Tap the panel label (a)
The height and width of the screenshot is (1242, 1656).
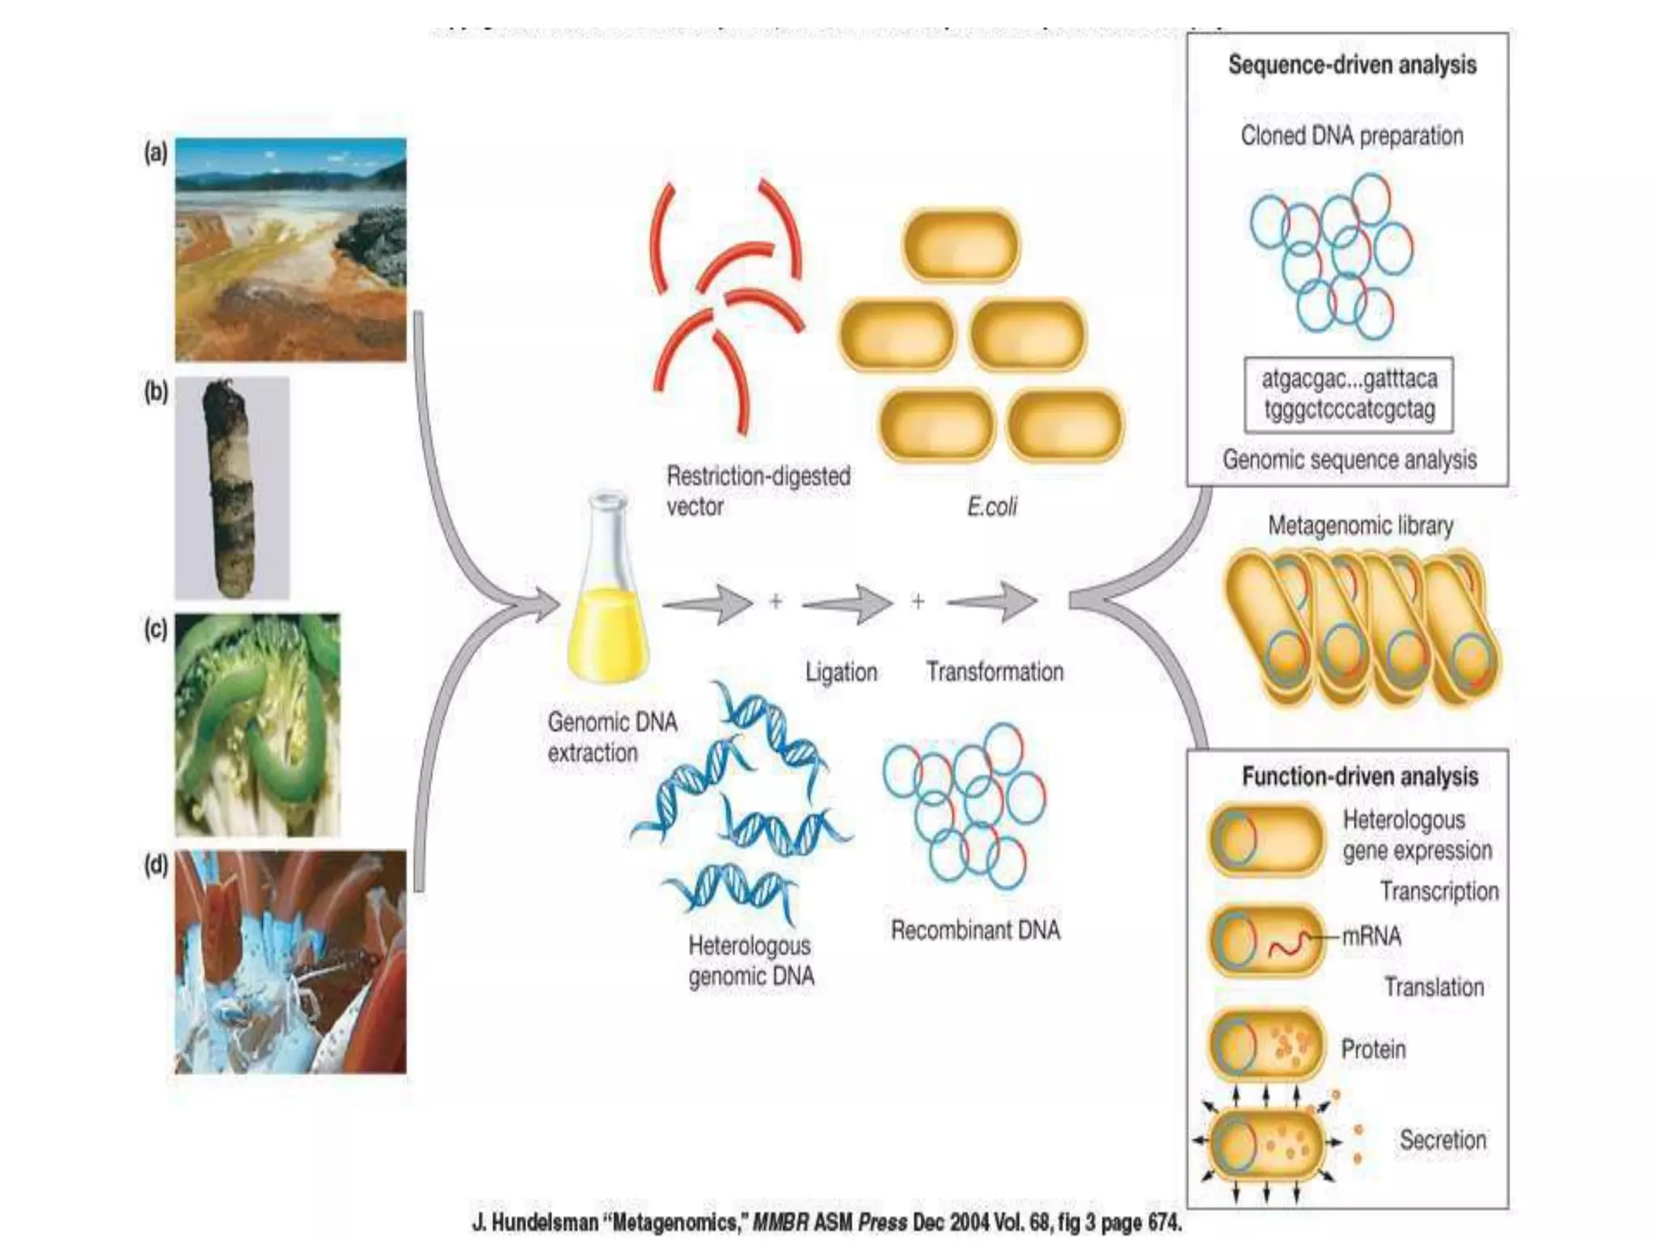(155, 152)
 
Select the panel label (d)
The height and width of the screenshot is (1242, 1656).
(155, 865)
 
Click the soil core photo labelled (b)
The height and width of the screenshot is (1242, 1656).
(231, 488)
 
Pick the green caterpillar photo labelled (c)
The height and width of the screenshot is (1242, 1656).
(257, 724)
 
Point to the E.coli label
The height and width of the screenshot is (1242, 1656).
(991, 507)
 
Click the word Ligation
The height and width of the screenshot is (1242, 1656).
(841, 672)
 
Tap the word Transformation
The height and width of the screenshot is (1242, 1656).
(995, 672)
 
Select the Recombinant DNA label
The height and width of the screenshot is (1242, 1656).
(975, 930)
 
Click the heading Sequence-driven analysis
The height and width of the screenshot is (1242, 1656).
(1352, 65)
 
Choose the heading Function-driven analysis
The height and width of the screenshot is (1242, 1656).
(1360, 777)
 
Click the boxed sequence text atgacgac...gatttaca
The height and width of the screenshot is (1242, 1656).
(1349, 394)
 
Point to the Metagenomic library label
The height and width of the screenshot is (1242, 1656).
(1360, 526)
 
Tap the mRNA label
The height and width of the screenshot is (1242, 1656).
(1371, 936)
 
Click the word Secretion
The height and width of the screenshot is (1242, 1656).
(1443, 1140)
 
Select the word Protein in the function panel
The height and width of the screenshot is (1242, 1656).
(1373, 1050)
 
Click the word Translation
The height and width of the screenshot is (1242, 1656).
(1434, 987)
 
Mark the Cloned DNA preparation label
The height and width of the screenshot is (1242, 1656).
(1352, 135)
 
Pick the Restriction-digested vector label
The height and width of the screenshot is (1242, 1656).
(758, 491)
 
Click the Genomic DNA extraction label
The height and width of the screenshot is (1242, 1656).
(611, 737)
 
